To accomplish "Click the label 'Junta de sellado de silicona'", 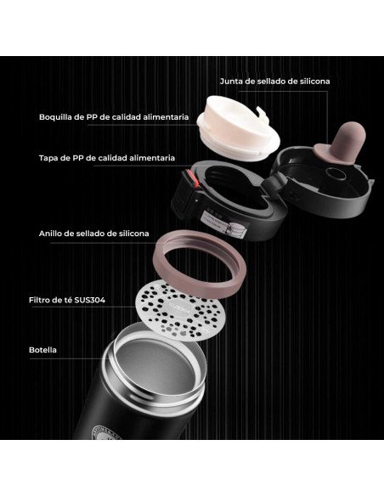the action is click(275, 82).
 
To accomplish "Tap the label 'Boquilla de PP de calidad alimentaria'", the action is click(114, 117).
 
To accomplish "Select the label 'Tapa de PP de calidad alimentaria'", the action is click(107, 158).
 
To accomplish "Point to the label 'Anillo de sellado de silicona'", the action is click(94, 234).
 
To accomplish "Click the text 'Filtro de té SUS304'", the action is click(67, 300).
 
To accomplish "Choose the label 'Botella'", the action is click(42, 350).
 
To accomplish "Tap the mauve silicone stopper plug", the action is click(340, 144).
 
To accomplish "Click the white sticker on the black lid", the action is click(223, 223).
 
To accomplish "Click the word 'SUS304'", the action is click(90, 300).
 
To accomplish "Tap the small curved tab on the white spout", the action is click(263, 113).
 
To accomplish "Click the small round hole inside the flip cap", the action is click(335, 174).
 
